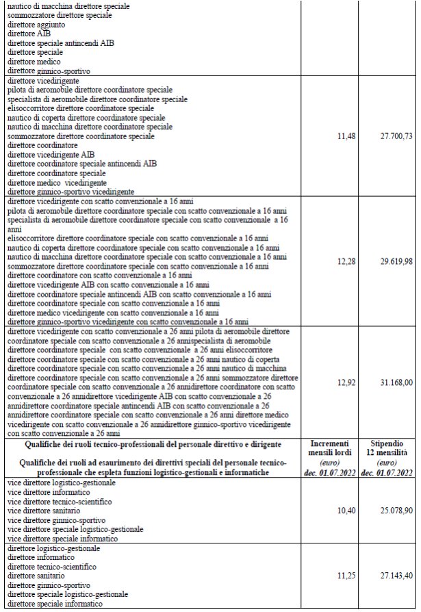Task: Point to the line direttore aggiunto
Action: pyautogui.click(x=37, y=24)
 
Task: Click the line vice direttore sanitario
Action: pyautogui.click(x=47, y=511)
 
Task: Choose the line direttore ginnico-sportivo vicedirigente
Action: pyautogui.click(x=71, y=192)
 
